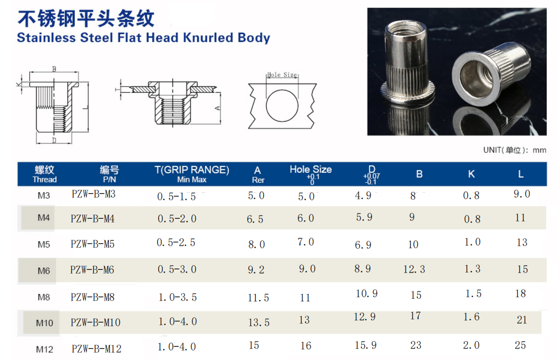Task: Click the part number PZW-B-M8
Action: pyautogui.click(x=92, y=297)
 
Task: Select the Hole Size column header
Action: pyautogui.click(x=311, y=170)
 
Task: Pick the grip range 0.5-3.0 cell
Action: pyautogui.click(x=177, y=269)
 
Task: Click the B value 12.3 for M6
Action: pyautogui.click(x=414, y=269)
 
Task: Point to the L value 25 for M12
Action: pyautogui.click(x=521, y=345)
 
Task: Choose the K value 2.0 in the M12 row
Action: pyautogui.click(x=471, y=345)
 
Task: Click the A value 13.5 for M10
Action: pyautogui.click(x=258, y=323)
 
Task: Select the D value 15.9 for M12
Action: pyautogui.click(x=365, y=345)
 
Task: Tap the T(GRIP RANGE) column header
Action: pyautogui.click(x=191, y=170)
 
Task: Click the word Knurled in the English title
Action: pyautogui.click(x=209, y=38)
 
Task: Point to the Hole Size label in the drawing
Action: pyautogui.click(x=282, y=75)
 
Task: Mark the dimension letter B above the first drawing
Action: pyautogui.click(x=54, y=69)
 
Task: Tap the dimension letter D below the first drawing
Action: pyautogui.click(x=54, y=141)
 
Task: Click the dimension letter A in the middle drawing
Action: pyautogui.click(x=218, y=108)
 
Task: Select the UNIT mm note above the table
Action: pyautogui.click(x=515, y=150)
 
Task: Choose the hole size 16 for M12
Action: pyautogui.click(x=306, y=346)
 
